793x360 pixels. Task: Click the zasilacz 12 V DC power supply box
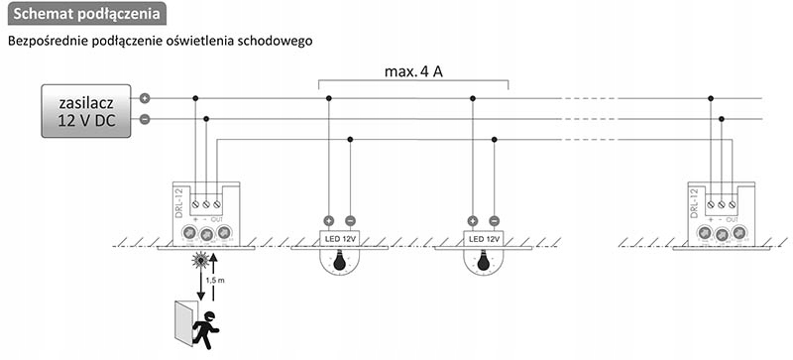(x=85, y=109)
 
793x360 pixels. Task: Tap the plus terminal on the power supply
(x=145, y=98)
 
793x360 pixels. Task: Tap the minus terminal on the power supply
(x=145, y=119)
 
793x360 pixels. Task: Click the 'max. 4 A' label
(x=413, y=72)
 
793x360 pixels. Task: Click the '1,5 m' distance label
(x=228, y=282)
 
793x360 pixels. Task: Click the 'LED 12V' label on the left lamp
(x=339, y=239)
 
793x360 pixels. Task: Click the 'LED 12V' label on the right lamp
(x=483, y=239)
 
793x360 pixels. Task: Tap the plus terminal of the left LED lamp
(x=329, y=220)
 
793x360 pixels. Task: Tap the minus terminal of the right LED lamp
(x=494, y=220)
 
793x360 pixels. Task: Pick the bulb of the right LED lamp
(x=483, y=263)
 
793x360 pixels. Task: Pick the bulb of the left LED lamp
(x=339, y=263)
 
